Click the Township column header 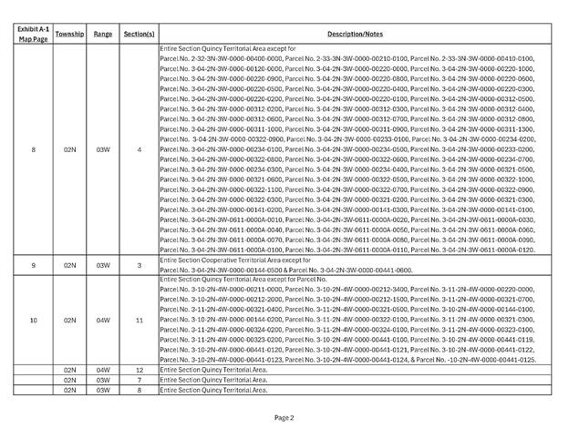69,33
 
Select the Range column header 103,33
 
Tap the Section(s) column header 139,33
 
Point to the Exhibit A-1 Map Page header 33,33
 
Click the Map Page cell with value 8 33,148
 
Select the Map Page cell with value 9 33,265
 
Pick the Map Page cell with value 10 33,320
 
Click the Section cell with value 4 139,148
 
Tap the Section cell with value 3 139,265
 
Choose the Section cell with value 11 139,320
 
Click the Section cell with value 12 139,370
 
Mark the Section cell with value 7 139,380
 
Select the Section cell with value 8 139,390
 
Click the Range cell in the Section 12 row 103,370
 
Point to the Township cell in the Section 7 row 69,380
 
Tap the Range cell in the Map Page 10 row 103,320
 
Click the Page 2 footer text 284,418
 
